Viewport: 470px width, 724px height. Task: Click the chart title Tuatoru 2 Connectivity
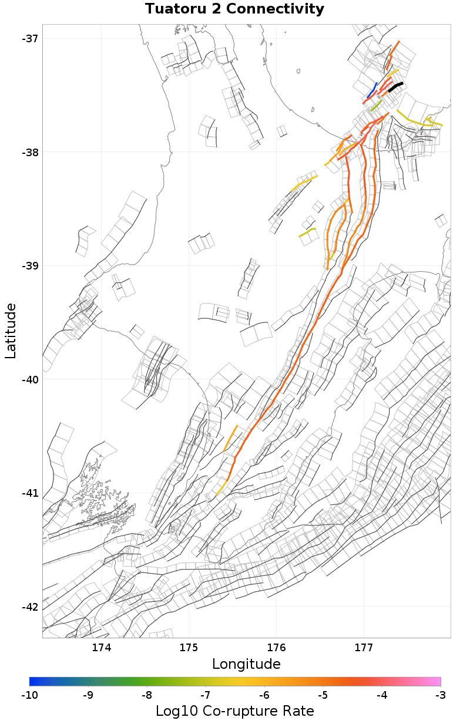pyautogui.click(x=234, y=9)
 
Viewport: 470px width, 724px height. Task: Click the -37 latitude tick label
pyautogui.click(x=29, y=39)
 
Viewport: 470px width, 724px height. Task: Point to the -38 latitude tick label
pyautogui.click(x=29, y=152)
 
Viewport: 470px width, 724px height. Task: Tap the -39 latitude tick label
pyautogui.click(x=29, y=266)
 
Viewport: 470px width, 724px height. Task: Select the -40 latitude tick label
pyautogui.click(x=29, y=379)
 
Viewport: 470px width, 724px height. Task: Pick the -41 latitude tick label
pyautogui.click(x=29, y=493)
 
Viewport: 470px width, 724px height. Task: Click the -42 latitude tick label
pyautogui.click(x=29, y=607)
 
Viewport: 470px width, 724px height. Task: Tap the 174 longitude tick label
pyautogui.click(x=102, y=648)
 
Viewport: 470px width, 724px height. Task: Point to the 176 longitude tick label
pyautogui.click(x=276, y=648)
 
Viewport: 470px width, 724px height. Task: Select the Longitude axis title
pyautogui.click(x=246, y=664)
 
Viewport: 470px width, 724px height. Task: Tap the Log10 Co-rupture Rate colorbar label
pyautogui.click(x=234, y=711)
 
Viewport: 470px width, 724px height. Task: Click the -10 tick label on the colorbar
pyautogui.click(x=29, y=695)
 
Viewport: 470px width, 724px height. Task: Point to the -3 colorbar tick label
pyautogui.click(x=441, y=695)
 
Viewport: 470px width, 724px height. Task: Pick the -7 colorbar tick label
pyautogui.click(x=206, y=695)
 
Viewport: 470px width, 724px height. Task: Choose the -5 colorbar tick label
pyautogui.click(x=323, y=695)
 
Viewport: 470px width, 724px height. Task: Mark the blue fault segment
pyautogui.click(x=372, y=91)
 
